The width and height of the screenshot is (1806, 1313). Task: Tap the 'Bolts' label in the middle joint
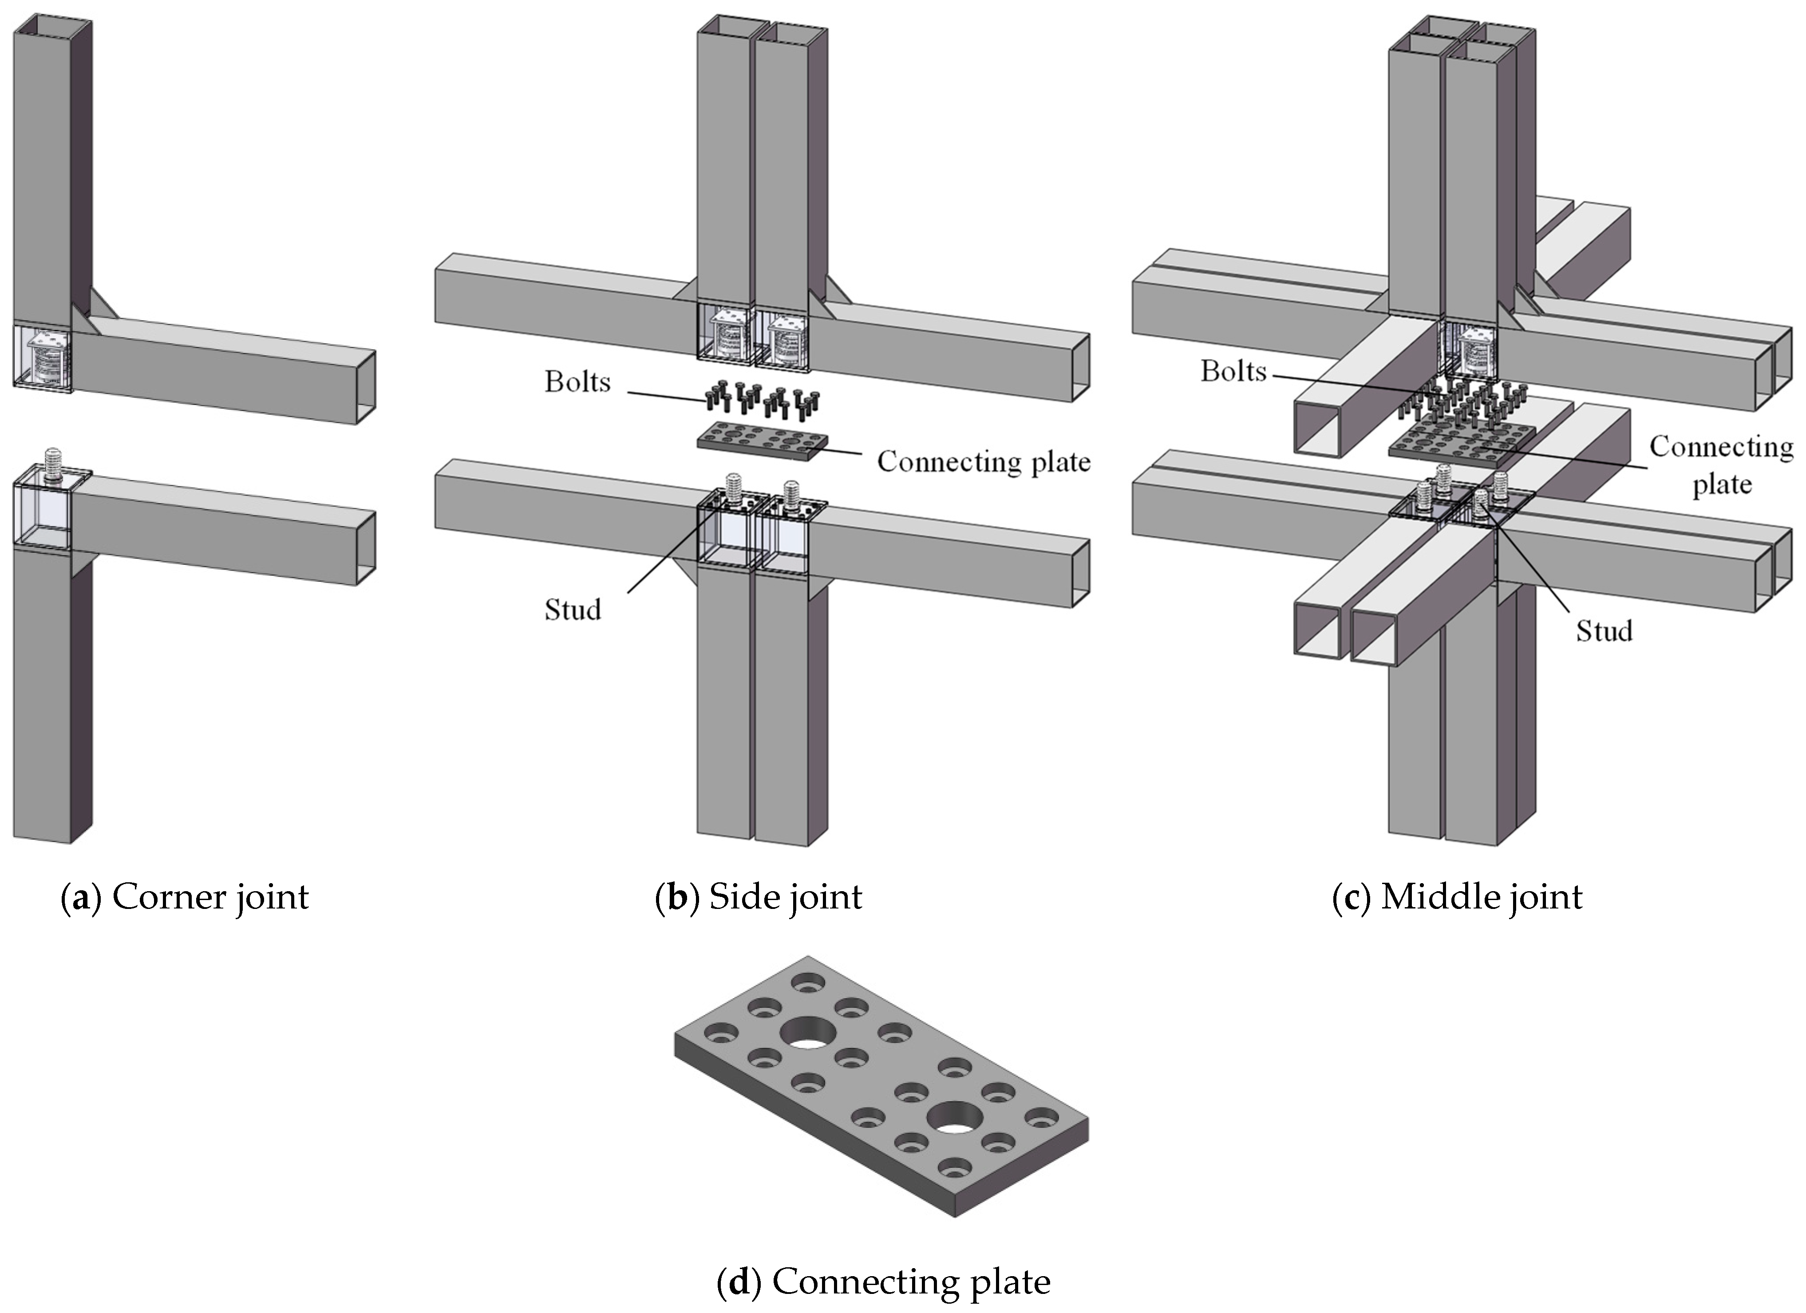pos(1233,371)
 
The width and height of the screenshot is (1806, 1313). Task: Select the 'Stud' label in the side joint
pos(573,610)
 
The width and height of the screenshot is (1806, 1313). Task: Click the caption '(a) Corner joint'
pos(185,897)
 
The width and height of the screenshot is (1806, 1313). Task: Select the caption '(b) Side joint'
pos(758,897)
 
